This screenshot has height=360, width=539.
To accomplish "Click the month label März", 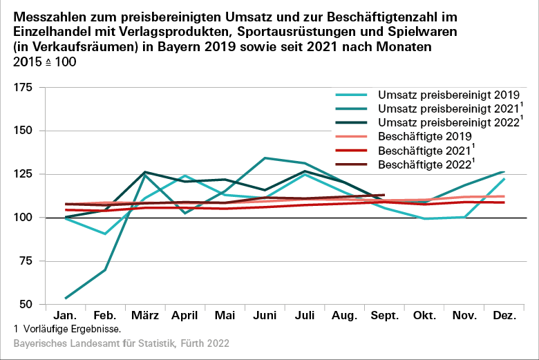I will point(144,316).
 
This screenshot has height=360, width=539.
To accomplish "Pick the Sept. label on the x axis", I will point(385,316).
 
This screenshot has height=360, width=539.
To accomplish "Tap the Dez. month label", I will point(505,316).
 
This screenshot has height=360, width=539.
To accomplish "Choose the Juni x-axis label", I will point(265,316).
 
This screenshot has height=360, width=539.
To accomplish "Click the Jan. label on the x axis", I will point(64,316).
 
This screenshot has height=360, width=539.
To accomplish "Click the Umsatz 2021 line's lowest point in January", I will point(65,299).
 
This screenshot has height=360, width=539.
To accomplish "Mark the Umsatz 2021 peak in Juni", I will point(265,158).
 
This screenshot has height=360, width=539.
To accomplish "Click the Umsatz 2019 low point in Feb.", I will point(104,234).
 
